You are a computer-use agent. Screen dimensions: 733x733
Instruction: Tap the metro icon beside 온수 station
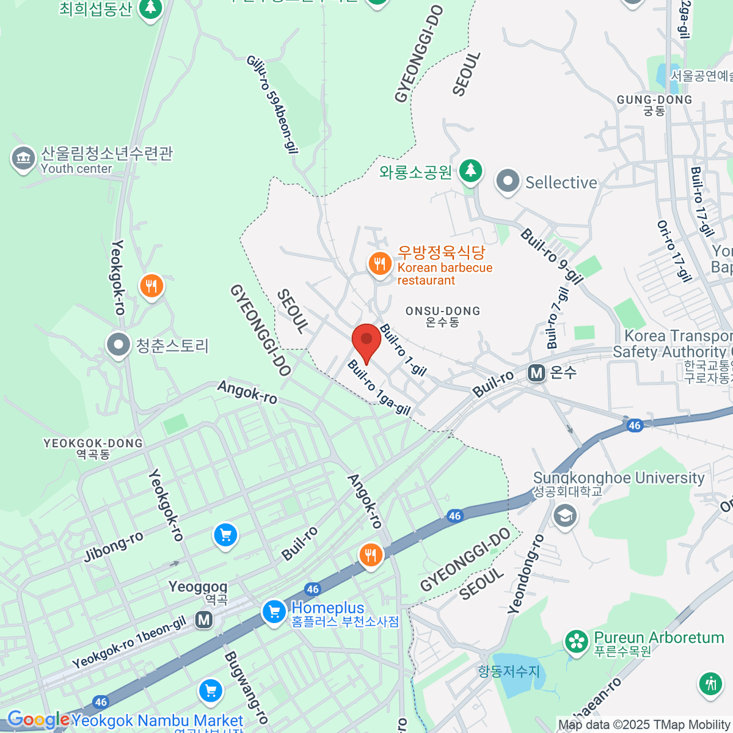tap(536, 372)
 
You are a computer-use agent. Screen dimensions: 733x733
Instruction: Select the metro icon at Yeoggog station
tap(204, 620)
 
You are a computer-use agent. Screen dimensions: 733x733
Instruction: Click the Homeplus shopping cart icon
tap(274, 611)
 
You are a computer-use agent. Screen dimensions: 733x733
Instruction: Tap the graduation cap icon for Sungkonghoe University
tap(565, 516)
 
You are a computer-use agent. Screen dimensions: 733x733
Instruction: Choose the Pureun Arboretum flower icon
tap(575, 641)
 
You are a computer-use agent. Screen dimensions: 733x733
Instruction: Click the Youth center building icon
tap(23, 159)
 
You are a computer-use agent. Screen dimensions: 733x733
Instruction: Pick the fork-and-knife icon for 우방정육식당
tap(380, 264)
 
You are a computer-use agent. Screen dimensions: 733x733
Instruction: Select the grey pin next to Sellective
tap(507, 181)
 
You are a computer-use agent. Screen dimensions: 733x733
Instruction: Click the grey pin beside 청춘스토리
tap(118, 345)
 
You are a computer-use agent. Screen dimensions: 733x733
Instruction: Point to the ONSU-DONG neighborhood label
tap(443, 316)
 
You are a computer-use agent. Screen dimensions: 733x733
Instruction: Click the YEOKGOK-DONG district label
tap(93, 448)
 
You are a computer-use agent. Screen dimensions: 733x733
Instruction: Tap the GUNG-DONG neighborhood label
tap(654, 104)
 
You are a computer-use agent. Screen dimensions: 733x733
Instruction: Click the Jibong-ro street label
tap(114, 547)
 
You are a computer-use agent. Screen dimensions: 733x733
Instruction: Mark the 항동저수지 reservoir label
tap(509, 671)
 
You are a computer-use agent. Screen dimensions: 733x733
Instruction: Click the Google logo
tap(38, 720)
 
